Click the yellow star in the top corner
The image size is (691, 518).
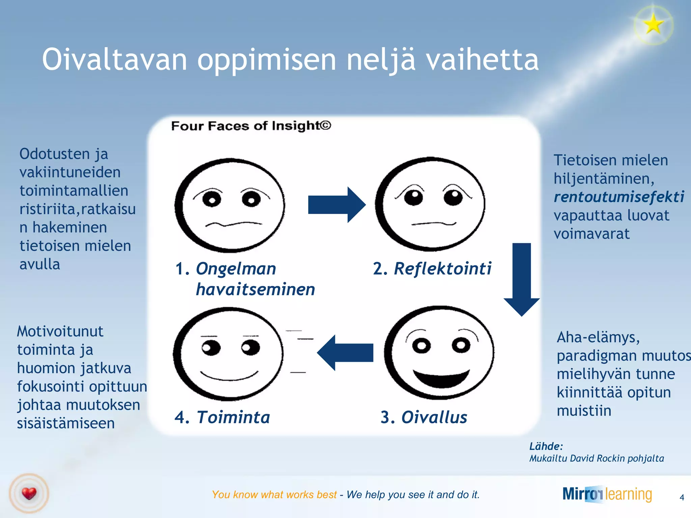point(654,24)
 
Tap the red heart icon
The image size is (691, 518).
point(29,493)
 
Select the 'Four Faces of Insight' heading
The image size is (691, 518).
point(251,126)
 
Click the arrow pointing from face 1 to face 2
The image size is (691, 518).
point(336,205)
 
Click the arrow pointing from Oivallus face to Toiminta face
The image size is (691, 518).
point(345,353)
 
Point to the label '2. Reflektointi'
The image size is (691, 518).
point(432,269)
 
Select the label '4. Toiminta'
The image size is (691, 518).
point(222,417)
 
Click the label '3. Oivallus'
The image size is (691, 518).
point(424,417)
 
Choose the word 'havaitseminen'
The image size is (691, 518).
point(255,289)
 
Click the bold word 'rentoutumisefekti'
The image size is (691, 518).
point(619,197)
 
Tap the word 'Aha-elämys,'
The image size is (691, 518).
point(598,337)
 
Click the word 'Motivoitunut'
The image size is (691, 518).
point(60,332)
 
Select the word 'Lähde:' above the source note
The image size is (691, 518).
point(546,447)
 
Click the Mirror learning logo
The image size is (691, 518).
point(607,494)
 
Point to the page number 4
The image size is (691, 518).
point(682,497)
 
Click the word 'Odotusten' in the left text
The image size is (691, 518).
point(54,154)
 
